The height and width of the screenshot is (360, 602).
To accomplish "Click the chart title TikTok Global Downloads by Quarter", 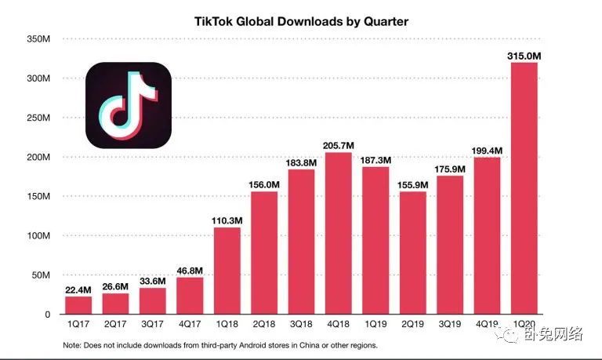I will [x=301, y=21].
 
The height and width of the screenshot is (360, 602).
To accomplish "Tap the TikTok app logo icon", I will [x=129, y=106].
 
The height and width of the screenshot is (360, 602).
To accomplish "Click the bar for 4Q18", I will [x=339, y=233].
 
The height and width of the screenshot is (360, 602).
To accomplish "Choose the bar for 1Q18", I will [x=227, y=271].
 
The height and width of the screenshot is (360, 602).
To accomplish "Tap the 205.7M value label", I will [x=339, y=145].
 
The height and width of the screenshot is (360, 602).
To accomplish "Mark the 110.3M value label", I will [x=227, y=220].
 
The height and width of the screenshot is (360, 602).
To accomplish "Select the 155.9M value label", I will [x=413, y=184].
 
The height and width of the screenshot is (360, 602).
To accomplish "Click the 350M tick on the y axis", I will [x=38, y=39].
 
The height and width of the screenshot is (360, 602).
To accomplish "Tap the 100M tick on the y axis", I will [x=38, y=236].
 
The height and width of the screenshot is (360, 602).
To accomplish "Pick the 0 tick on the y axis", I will [x=48, y=315].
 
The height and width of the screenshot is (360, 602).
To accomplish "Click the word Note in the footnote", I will [x=73, y=346].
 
